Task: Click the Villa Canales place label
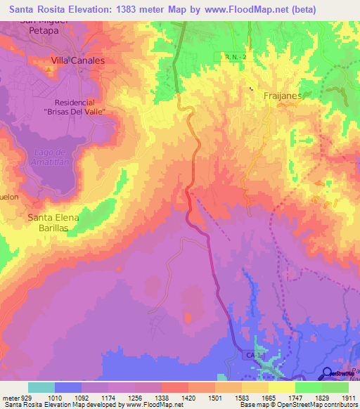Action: coord(78,61)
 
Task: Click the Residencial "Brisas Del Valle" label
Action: coord(73,107)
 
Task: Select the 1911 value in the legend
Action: coord(348,397)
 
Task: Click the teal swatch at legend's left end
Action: coord(41,387)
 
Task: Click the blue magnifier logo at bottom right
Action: coord(328,373)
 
